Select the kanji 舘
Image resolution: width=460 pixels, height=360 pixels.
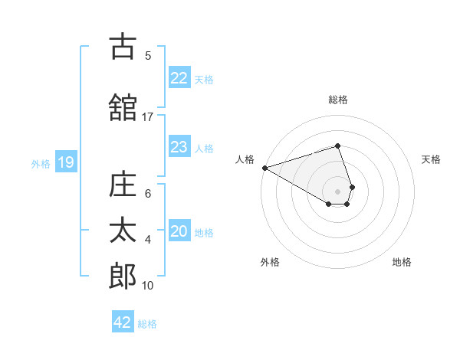point(123,107)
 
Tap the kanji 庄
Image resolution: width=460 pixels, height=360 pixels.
point(123,185)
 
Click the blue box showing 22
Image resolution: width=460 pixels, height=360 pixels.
point(179,78)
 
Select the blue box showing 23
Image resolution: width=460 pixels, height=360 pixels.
point(179,147)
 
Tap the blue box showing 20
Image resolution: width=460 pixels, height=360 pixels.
point(179,232)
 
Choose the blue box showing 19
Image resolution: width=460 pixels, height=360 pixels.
point(65,162)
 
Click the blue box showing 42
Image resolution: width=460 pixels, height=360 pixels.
point(123,322)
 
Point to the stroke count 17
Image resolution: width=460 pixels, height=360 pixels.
point(148,117)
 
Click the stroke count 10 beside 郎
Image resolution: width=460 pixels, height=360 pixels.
point(148,286)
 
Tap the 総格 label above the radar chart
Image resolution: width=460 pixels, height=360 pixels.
point(338,100)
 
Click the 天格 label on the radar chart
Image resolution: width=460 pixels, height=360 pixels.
point(432,159)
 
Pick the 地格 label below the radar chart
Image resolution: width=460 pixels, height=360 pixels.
point(402,262)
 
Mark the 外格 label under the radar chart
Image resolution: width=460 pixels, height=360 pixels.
point(270,262)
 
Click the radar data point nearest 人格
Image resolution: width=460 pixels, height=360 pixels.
point(264,167)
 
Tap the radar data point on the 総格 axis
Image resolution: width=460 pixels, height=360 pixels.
point(338,146)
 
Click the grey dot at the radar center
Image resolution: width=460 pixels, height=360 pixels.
point(338,191)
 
